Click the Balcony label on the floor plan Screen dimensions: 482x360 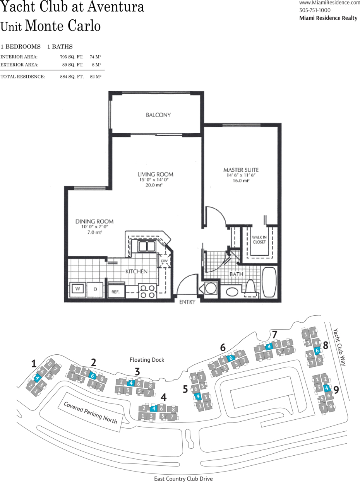click(x=158, y=115)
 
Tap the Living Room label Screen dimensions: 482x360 click(x=155, y=174)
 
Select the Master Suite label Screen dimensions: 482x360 click(x=241, y=170)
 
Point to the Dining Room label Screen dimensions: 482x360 click(x=94, y=221)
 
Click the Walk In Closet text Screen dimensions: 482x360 click(x=259, y=239)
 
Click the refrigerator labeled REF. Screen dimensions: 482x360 click(x=116, y=292)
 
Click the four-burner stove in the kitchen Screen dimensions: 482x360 click(x=147, y=291)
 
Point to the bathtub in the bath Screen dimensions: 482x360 click(x=269, y=283)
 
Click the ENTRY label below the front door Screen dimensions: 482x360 click(x=187, y=302)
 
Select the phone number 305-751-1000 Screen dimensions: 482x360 click(x=315, y=10)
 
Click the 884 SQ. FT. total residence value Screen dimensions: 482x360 click(x=72, y=77)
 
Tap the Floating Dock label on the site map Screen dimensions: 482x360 click(x=147, y=360)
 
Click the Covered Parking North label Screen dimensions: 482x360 click(x=90, y=412)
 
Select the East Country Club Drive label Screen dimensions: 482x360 click(x=184, y=479)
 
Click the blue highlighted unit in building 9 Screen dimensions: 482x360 click(x=327, y=388)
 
